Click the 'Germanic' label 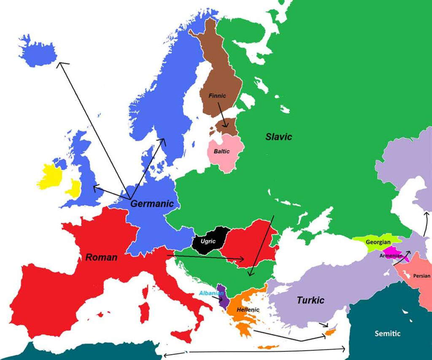point(152,204)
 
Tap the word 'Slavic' point(278,137)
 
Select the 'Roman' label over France point(101,257)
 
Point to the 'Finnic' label point(217,96)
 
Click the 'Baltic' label point(221,151)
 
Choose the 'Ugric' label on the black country point(208,242)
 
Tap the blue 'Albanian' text point(211,293)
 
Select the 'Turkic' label point(310,300)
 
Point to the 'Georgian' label point(377,242)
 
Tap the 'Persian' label point(421,276)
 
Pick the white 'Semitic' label point(387,333)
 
